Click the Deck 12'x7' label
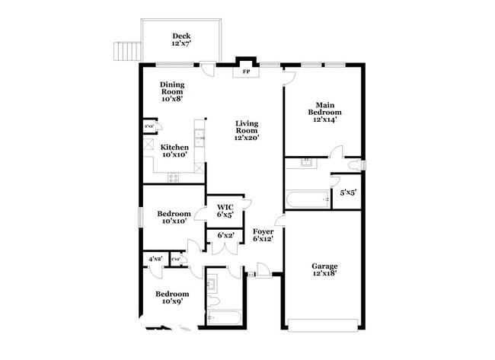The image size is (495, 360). pyautogui.click(x=180, y=40)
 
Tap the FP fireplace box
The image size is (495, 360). pyautogui.click(x=245, y=72)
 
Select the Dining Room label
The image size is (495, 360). pyautogui.click(x=171, y=91)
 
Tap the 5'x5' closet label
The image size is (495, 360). pyautogui.click(x=347, y=193)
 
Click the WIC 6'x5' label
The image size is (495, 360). pyautogui.click(x=225, y=211)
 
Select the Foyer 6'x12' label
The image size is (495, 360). pyautogui.click(x=263, y=235)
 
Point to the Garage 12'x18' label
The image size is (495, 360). pyautogui.click(x=324, y=269)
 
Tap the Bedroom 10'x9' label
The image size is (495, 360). pyautogui.click(x=172, y=298)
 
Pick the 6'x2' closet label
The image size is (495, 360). pyautogui.click(x=225, y=236)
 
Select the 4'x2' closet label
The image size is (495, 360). pyautogui.click(x=155, y=260)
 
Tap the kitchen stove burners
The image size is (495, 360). pyautogui.click(x=173, y=178)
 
